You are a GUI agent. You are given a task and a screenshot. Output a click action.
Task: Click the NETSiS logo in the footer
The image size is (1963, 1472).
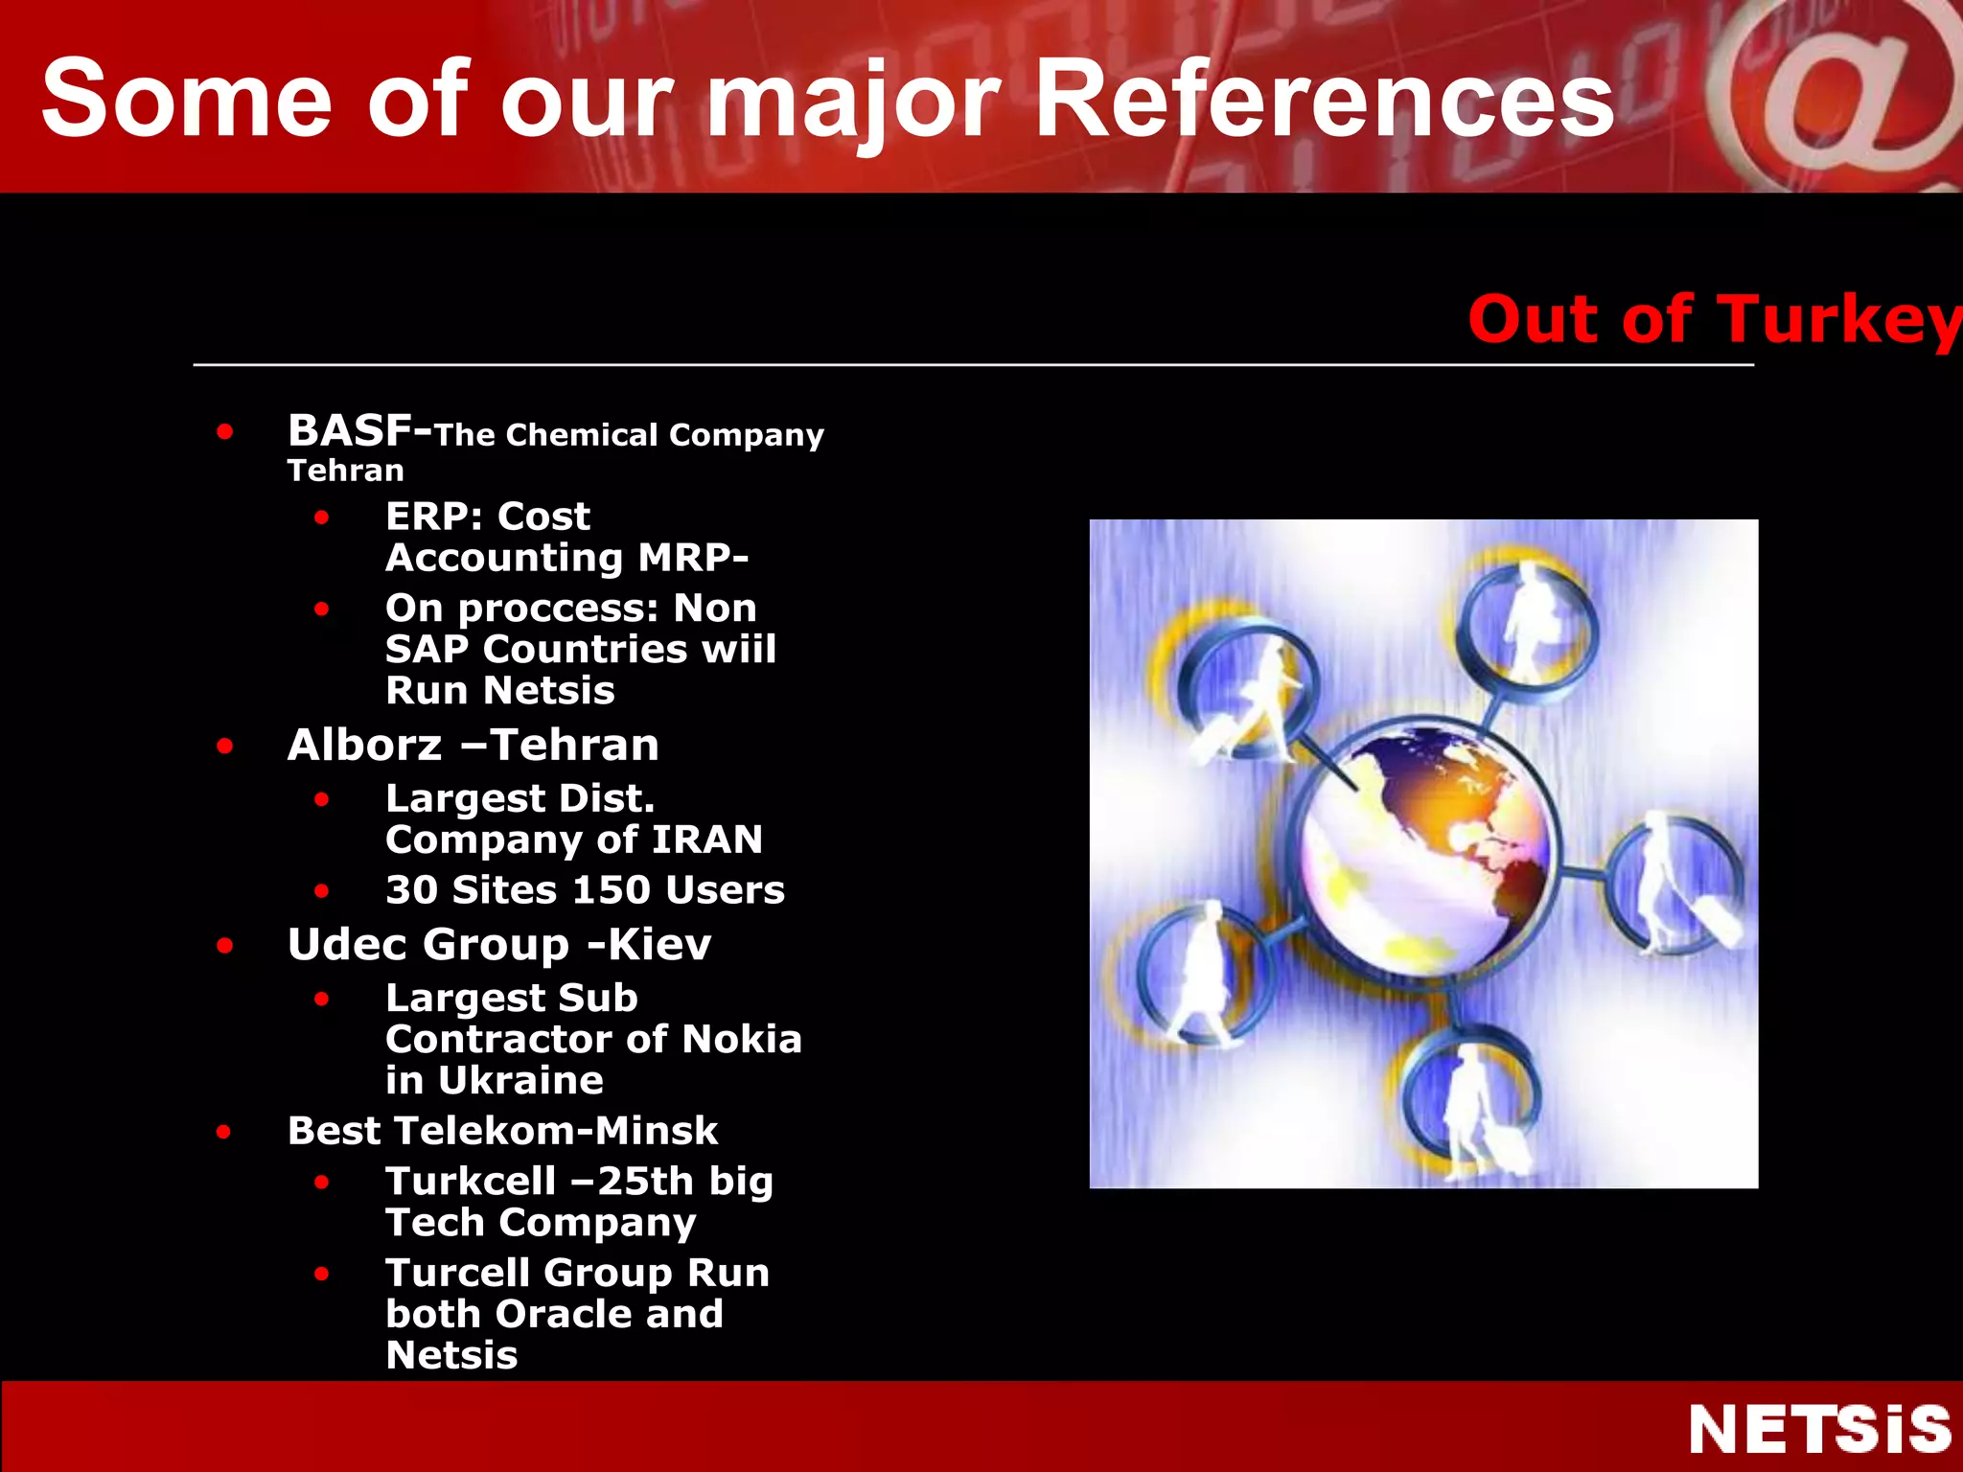click(x=1819, y=1429)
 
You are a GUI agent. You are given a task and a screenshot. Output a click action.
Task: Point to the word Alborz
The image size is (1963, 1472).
click(x=365, y=746)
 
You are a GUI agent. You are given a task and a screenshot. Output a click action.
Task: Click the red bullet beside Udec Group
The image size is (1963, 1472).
click(x=225, y=946)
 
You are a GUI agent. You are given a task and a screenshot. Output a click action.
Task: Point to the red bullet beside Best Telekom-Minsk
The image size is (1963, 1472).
click(x=224, y=1132)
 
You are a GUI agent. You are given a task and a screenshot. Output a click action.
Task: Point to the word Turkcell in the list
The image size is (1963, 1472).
click(x=470, y=1182)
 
